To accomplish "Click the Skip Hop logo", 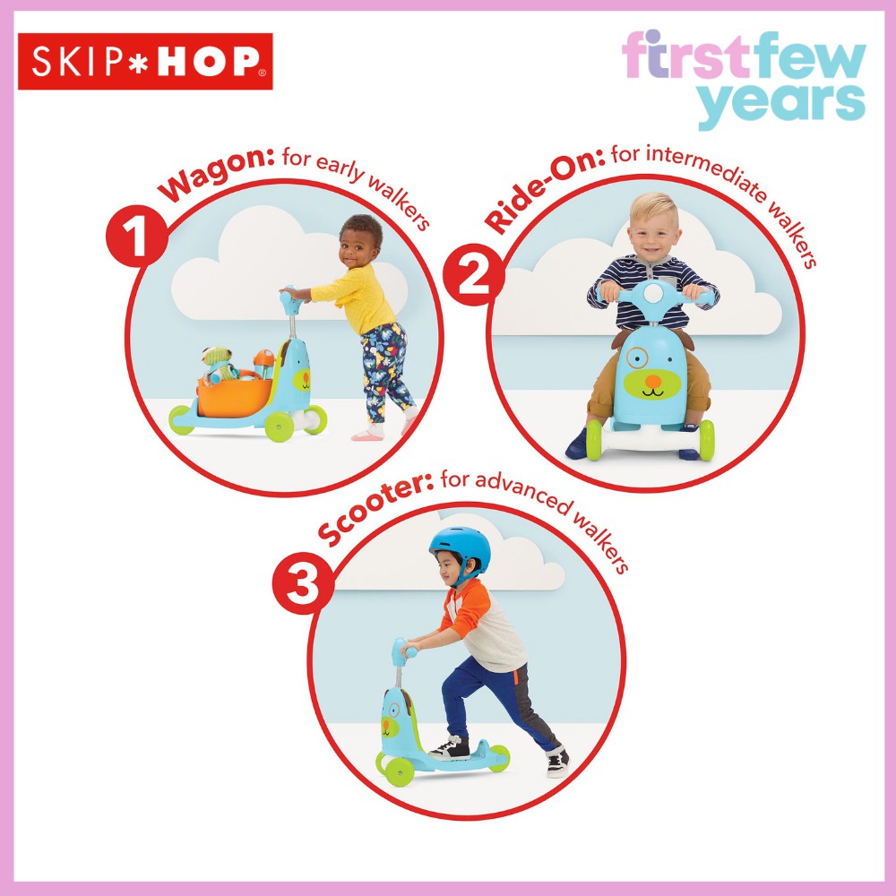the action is (145, 61).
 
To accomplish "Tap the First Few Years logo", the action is (744, 80).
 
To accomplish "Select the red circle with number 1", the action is (136, 236).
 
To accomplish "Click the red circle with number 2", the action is (474, 275).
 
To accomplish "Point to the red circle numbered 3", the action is (303, 583).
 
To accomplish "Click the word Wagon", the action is (216, 173).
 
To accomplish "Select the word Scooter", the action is (375, 506).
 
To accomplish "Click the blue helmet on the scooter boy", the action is (461, 548).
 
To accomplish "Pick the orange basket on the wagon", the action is (234, 397).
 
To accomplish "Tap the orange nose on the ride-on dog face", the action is (652, 381).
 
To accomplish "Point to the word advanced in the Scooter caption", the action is (523, 493).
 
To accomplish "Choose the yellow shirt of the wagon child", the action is (355, 299).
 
